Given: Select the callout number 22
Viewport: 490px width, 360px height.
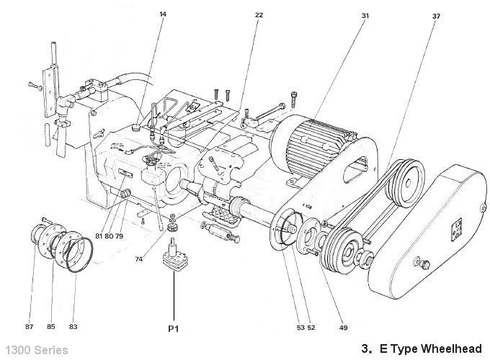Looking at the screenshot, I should [259, 14].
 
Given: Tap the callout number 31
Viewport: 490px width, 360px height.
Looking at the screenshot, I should [365, 14].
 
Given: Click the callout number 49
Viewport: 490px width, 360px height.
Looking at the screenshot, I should [343, 328].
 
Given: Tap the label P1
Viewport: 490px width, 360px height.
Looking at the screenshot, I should [173, 328].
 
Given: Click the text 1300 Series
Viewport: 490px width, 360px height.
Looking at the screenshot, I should [35, 349].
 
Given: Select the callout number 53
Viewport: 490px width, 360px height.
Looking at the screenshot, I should [300, 328].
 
